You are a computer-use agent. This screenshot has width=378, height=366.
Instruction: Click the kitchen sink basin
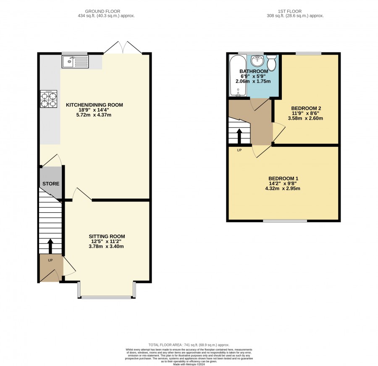point(75,62)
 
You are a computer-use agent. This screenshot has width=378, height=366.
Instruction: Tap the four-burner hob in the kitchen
point(49,99)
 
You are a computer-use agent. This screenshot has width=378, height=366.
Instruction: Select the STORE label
point(51,183)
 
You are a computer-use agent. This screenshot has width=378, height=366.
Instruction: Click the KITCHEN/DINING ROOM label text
point(94,105)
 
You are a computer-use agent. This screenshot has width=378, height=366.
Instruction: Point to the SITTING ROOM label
point(107,236)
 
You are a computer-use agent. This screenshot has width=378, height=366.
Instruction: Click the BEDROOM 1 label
point(283,178)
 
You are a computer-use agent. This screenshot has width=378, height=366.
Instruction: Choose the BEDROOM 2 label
point(306,108)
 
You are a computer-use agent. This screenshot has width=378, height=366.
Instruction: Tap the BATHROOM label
point(254,71)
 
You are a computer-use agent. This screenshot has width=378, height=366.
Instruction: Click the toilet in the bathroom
point(272,63)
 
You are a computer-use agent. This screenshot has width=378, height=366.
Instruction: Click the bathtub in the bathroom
point(238,75)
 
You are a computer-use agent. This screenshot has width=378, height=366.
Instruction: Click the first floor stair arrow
point(239,136)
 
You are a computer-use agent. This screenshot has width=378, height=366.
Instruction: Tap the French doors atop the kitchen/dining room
point(123,47)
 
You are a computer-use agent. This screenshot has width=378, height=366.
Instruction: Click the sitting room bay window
point(107,290)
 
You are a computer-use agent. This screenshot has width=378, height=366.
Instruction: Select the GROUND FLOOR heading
point(102,11)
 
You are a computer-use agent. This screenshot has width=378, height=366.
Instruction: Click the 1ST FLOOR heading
point(289,11)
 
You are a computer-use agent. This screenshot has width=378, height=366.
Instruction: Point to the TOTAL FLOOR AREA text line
point(189,345)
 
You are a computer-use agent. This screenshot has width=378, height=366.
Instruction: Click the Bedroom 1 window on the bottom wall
point(285,220)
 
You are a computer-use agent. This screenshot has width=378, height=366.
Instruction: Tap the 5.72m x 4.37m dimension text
point(94,115)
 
